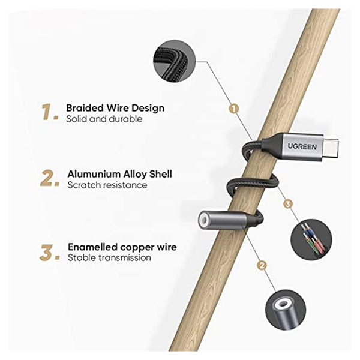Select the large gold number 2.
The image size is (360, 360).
pyautogui.click(x=50, y=178)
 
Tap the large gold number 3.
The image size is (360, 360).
pyautogui.click(x=50, y=253)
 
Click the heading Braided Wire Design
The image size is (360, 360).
pyautogui.click(x=115, y=108)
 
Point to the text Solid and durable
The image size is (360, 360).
pyautogui.click(x=104, y=119)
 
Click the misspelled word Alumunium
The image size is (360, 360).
pyautogui.click(x=94, y=174)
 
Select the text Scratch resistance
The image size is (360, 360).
pyautogui.click(x=107, y=185)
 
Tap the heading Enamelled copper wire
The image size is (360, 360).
pyautogui.click(x=122, y=247)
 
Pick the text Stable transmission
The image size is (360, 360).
pyautogui.click(x=109, y=257)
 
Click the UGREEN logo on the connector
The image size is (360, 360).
pyautogui.click(x=302, y=146)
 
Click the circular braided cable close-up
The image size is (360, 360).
pyautogui.click(x=174, y=61)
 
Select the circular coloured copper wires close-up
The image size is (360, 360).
pyautogui.click(x=311, y=239)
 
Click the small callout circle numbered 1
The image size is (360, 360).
pyautogui.click(x=234, y=109)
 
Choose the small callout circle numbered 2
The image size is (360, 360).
pyautogui.click(x=262, y=266)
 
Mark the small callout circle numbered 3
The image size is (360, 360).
pyautogui.click(x=288, y=204)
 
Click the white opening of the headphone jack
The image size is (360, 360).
pyautogui.click(x=204, y=220)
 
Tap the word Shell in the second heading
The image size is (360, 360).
pyautogui.click(x=161, y=174)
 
